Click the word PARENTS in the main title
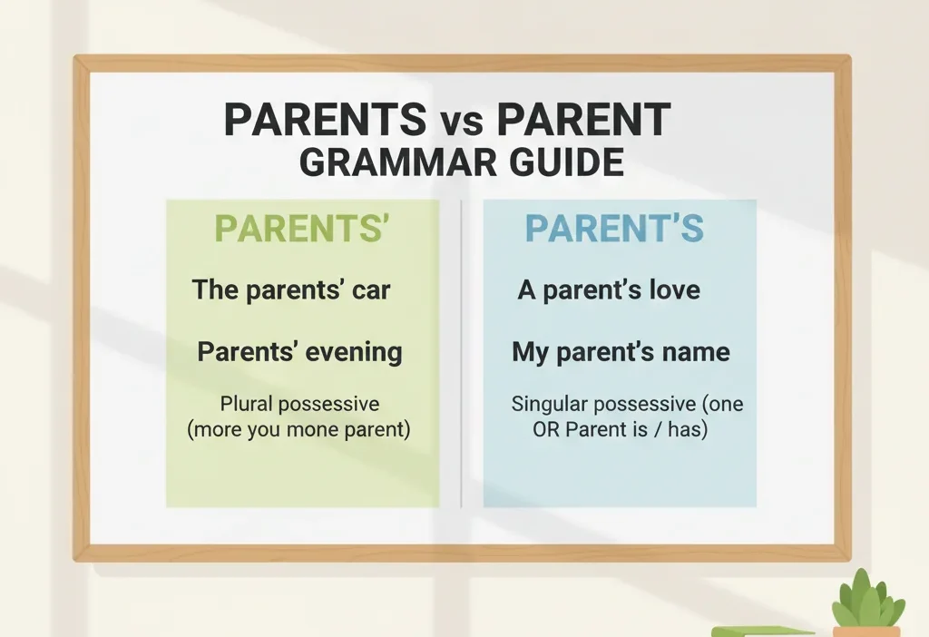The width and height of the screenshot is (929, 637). click(x=324, y=120)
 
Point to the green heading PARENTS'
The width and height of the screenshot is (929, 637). click(x=303, y=230)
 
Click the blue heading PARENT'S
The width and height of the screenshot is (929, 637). click(x=614, y=230)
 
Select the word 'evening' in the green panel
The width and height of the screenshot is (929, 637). click(x=352, y=352)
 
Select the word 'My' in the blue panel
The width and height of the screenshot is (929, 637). click(x=530, y=351)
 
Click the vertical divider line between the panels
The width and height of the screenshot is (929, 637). click(x=462, y=354)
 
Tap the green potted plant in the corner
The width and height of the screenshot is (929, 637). click(x=868, y=603)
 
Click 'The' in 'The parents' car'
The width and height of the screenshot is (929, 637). click(x=215, y=290)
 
